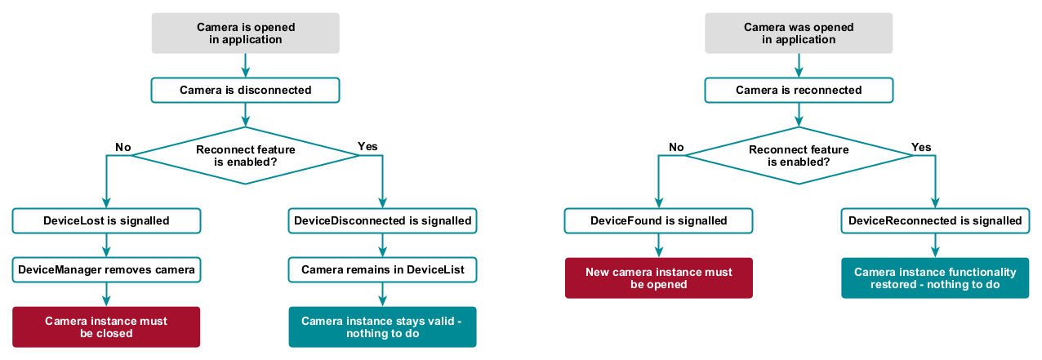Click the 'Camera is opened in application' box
click(x=245, y=33)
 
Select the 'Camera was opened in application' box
click(x=799, y=33)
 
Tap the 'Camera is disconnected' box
click(x=245, y=91)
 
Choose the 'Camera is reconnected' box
click(x=799, y=91)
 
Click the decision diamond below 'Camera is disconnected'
click(x=245, y=155)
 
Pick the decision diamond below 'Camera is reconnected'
click(x=799, y=155)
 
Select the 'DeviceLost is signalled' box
click(x=106, y=221)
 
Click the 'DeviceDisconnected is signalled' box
click(x=382, y=221)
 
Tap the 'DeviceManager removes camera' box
click(x=106, y=269)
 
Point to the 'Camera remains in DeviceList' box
click(x=382, y=269)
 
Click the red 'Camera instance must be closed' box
click(x=106, y=327)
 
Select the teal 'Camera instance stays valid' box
click(x=382, y=327)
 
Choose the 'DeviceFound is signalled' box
click(x=658, y=221)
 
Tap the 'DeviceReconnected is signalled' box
click(x=935, y=221)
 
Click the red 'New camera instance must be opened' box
click(x=659, y=278)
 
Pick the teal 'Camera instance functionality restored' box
click(x=935, y=278)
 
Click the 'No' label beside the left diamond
click(x=122, y=148)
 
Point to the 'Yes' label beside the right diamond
click(x=921, y=148)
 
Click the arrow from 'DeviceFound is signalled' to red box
click(x=659, y=245)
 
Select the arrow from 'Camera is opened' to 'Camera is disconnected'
click(x=245, y=65)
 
